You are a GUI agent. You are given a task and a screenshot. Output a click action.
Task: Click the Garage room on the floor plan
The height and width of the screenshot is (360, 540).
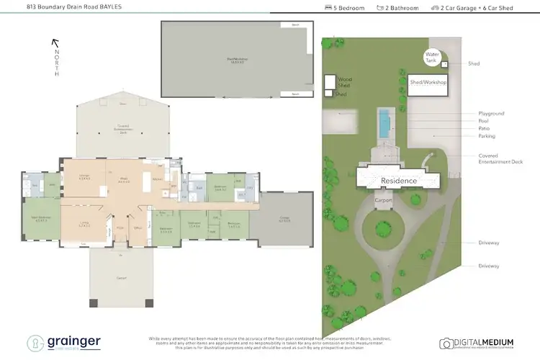(x=286, y=220)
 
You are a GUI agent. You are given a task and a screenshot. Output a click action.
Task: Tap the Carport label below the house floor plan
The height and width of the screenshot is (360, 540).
(x=121, y=277)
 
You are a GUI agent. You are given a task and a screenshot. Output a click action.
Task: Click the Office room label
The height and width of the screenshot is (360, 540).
(x=136, y=229)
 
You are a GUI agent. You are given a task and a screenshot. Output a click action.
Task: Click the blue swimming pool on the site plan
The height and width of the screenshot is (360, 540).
(x=385, y=123)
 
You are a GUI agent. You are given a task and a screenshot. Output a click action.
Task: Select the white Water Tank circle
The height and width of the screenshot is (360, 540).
(x=432, y=55)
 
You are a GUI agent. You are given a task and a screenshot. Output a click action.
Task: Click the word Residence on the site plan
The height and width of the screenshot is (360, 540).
(x=399, y=180)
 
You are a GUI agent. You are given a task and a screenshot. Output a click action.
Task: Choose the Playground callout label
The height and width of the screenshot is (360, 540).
(x=492, y=114)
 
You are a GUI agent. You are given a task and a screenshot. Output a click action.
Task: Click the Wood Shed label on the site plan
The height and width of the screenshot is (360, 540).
(x=344, y=82)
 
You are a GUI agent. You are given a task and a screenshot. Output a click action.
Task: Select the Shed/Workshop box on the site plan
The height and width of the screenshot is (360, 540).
(x=428, y=82)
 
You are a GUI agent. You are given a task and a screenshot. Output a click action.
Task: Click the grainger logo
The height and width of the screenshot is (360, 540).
(x=65, y=343)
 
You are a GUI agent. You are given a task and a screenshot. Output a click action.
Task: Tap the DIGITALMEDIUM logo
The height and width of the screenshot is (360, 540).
(x=480, y=343)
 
